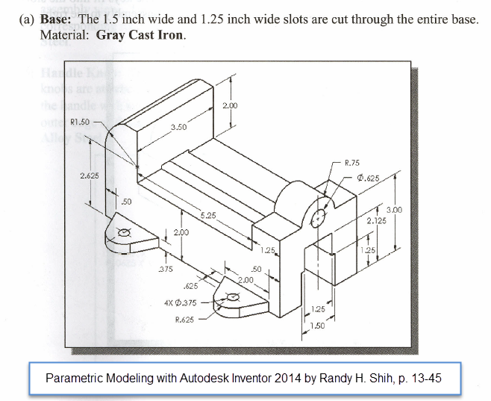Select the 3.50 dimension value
pyautogui.click(x=178, y=128)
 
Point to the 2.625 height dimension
pyautogui.click(x=90, y=175)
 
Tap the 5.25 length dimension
pyautogui.click(x=207, y=216)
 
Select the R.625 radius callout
pyautogui.click(x=184, y=320)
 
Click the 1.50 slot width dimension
pyautogui.click(x=319, y=326)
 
